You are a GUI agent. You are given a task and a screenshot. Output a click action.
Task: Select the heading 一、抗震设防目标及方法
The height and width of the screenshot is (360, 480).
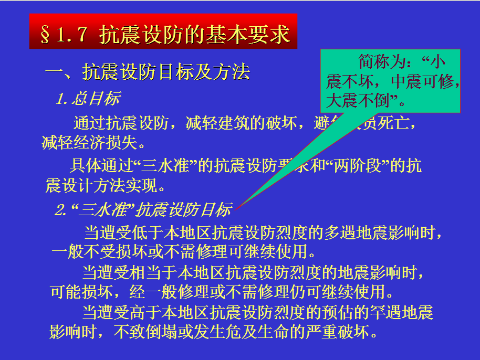pos(148,72)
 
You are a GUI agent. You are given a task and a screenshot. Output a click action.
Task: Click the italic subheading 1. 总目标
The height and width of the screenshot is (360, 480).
pos(88,98)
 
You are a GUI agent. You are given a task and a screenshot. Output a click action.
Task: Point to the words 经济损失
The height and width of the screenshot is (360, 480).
pos(108,143)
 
